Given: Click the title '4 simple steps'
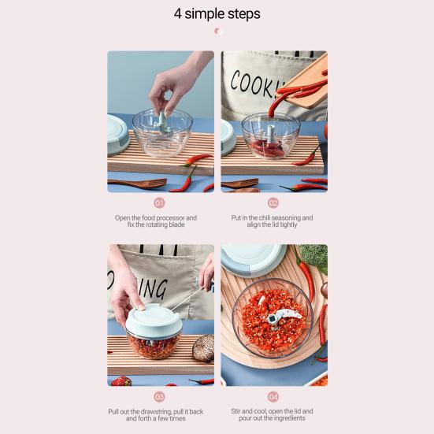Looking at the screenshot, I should point(217,14).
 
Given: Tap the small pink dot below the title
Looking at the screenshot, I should point(218,31).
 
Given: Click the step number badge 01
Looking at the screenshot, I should point(160,202).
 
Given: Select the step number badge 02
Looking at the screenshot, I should point(273,202).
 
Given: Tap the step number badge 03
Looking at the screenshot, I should point(160,396).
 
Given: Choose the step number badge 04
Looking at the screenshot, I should point(273,396).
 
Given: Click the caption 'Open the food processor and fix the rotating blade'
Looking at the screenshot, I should point(160,221).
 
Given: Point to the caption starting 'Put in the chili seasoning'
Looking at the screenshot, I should point(273,221).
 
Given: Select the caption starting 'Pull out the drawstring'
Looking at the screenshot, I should point(160,414).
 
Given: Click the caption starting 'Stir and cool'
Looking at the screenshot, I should point(273,414).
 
